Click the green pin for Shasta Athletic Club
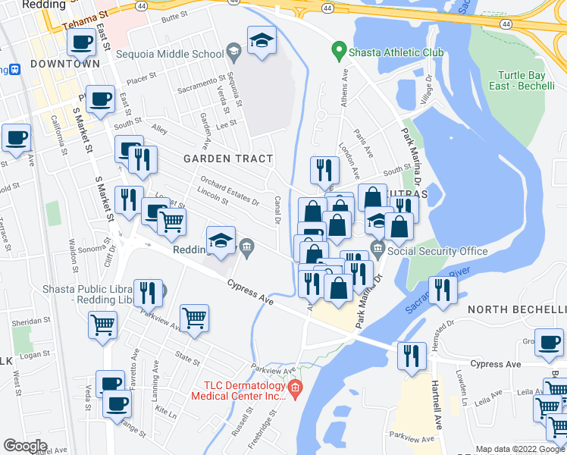[x=339, y=52]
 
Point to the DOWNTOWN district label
[x=65, y=64]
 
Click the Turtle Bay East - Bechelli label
[x=522, y=82]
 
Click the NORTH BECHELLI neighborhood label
[x=516, y=310]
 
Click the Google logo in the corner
[x=25, y=446]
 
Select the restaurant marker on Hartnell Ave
[x=412, y=355]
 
